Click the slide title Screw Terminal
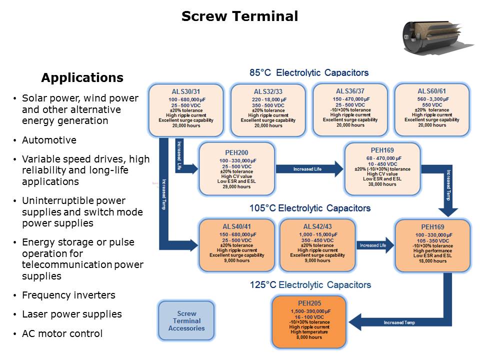coord(239,16)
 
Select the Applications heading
coord(82,78)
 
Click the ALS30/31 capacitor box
coord(185,110)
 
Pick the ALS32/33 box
coord(267,110)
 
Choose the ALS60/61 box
coord(431,109)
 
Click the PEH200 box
coord(236,169)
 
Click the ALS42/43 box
coord(317,243)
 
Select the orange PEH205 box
coord(309,322)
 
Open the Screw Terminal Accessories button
coord(186,321)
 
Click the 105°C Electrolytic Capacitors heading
coord(309,208)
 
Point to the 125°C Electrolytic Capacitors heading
coord(310,285)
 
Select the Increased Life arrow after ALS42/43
coord(373,245)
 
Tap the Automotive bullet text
coord(49,140)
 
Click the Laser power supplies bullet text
coord(72,314)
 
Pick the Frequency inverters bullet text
coord(68,295)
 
